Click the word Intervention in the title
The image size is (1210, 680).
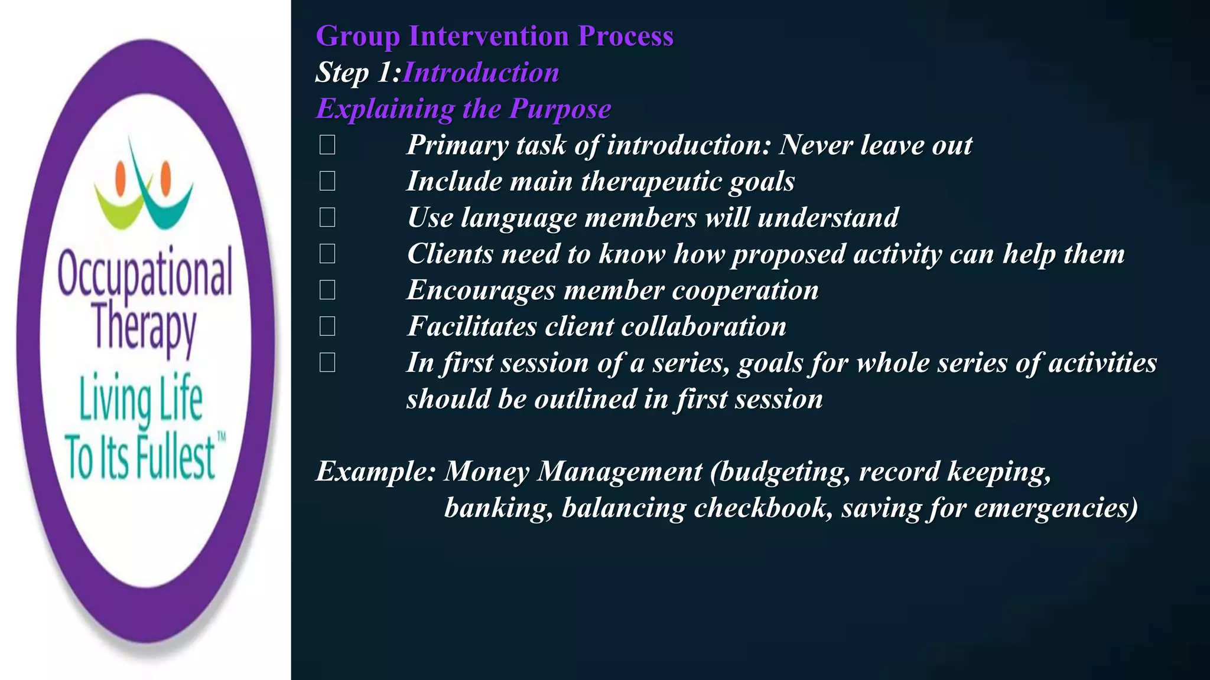(489, 36)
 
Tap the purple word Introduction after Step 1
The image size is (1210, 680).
(480, 73)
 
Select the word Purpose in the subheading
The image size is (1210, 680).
(560, 109)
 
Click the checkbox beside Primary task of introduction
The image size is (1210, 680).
(327, 145)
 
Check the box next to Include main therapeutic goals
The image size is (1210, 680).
(327, 181)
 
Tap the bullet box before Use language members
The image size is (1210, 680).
(327, 218)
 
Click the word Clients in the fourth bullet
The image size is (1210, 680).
(450, 254)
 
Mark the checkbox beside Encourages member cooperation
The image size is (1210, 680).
(327, 290)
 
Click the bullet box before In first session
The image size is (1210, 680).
(327, 362)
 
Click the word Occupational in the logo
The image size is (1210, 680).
(145, 274)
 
